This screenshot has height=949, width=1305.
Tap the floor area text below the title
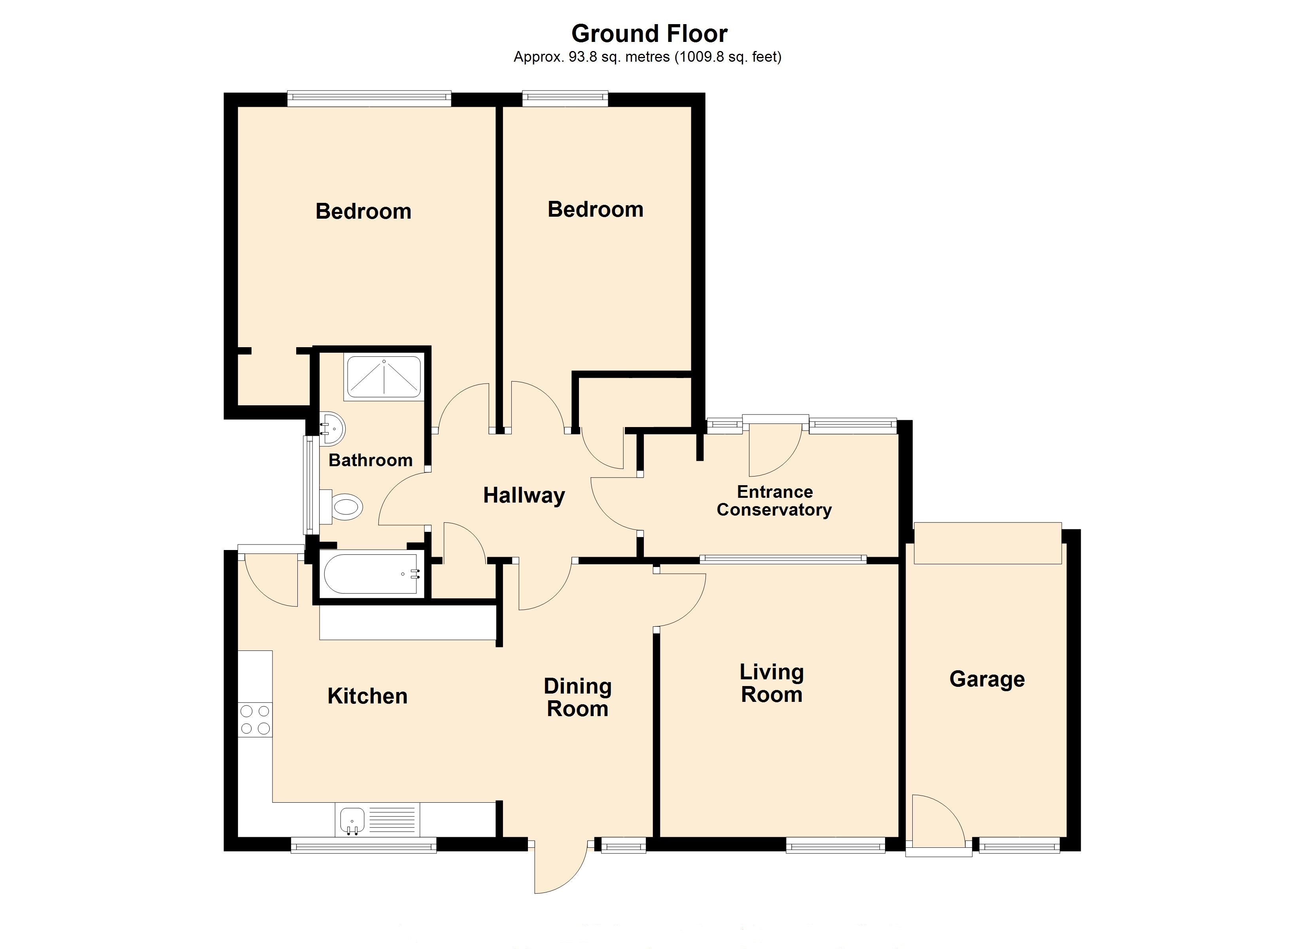(x=647, y=57)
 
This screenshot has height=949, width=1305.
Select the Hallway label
(x=524, y=495)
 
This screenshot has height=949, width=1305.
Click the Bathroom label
(x=371, y=460)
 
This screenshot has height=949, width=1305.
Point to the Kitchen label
(x=367, y=696)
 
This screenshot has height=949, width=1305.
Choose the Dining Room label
(x=578, y=697)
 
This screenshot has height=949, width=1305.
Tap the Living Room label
(x=772, y=683)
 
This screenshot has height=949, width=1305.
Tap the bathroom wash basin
(x=332, y=429)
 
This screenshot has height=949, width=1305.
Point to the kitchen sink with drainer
(x=377, y=820)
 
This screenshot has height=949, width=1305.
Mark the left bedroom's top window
(x=369, y=99)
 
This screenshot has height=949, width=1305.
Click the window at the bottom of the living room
(x=836, y=845)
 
